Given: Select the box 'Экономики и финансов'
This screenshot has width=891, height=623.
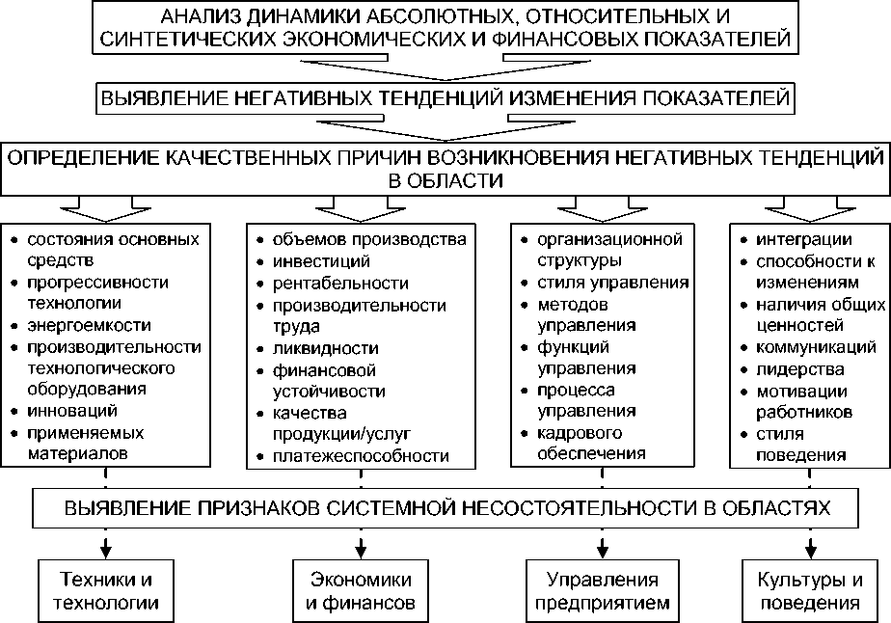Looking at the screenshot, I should [x=360, y=591].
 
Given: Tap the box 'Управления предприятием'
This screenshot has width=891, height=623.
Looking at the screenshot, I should [x=602, y=591].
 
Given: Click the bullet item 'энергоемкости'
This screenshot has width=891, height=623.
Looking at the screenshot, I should [x=75, y=326].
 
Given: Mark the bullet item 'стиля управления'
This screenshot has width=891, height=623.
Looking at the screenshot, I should [x=612, y=284].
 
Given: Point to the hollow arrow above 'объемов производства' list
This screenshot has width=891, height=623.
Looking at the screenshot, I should [x=360, y=206].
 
